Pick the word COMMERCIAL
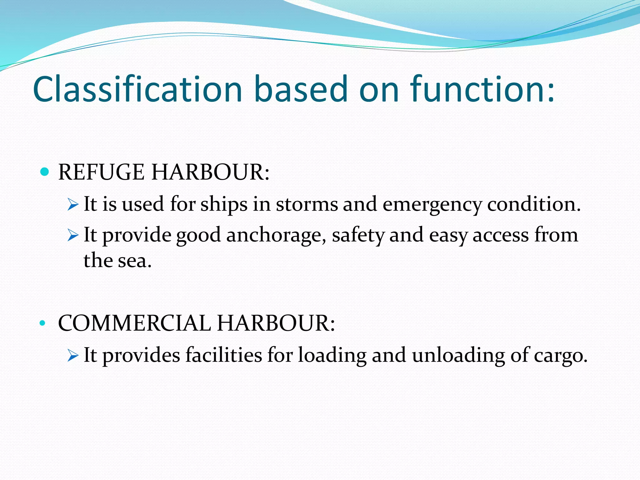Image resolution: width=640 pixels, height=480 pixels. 134,323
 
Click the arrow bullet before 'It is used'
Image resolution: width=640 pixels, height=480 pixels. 72,205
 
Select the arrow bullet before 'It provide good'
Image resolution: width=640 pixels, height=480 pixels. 72,236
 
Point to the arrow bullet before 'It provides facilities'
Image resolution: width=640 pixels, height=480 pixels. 72,356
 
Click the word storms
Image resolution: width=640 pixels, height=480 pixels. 307,204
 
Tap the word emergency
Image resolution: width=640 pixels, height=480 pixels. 432,205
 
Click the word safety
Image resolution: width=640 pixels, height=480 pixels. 358,236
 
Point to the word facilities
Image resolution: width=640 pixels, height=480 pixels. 223,355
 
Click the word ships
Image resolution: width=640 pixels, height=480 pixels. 224,205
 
